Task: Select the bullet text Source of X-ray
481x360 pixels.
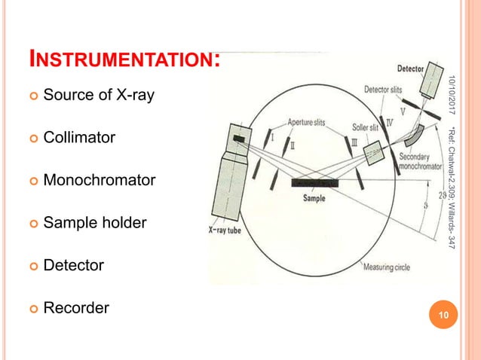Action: coord(99,96)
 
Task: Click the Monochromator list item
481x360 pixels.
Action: coord(100,181)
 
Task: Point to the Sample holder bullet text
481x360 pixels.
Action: coord(95,223)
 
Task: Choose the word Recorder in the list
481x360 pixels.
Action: coord(76,307)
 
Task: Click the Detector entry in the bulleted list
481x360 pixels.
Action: coord(74,265)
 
